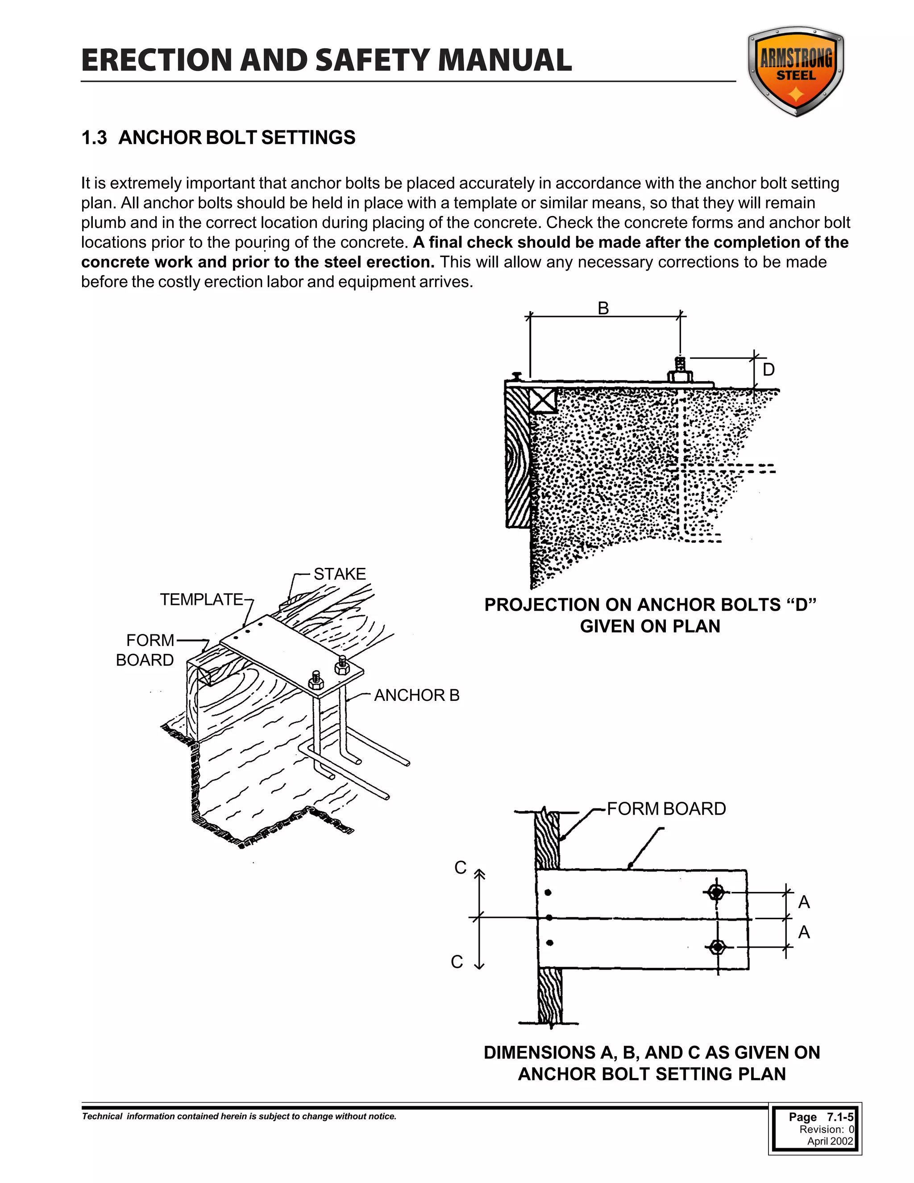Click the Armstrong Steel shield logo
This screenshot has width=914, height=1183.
point(795,71)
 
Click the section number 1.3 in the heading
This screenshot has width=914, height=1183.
point(94,137)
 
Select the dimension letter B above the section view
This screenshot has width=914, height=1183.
point(603,308)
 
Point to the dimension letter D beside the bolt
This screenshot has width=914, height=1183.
point(769,370)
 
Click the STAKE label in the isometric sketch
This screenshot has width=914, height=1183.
point(340,574)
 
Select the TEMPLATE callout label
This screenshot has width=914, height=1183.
point(201,599)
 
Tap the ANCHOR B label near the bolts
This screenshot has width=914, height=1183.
point(416,695)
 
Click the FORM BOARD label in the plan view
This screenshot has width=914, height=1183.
point(666,809)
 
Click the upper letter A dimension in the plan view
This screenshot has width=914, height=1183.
point(804,902)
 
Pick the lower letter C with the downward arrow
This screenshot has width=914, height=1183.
point(457,962)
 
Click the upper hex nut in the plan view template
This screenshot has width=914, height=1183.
point(716,891)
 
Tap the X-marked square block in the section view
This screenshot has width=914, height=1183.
point(543,401)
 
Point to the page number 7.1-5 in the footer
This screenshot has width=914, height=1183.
point(840,1117)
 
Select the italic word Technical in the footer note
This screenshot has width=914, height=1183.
point(102,1116)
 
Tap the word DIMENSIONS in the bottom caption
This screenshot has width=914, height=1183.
point(539,1053)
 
